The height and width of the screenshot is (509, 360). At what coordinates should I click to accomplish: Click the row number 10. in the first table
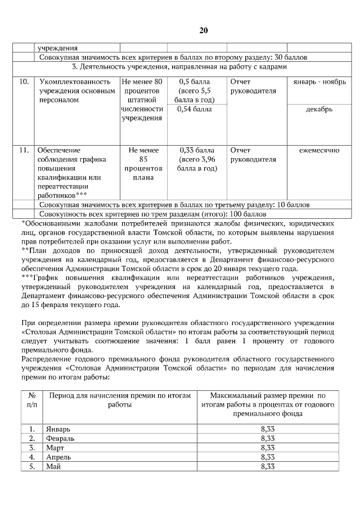point(24,82)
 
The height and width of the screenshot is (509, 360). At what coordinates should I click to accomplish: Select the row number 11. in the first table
point(24,151)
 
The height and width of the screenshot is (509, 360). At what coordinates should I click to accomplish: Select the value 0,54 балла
point(195,109)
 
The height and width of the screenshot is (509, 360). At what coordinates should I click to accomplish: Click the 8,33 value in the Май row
point(268,466)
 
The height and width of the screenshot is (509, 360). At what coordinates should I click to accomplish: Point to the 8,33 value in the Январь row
point(268,429)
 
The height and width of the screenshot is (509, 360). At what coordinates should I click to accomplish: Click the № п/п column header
point(33,400)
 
